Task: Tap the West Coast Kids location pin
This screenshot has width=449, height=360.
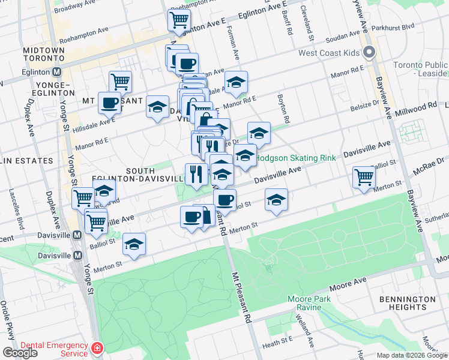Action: click(370, 53)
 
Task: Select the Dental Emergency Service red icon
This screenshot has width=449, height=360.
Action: click(97, 348)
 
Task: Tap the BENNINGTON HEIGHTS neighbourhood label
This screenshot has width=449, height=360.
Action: click(408, 303)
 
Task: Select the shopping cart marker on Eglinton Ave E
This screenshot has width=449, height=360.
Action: click(179, 20)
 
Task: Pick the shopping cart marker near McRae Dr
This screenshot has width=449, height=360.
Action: click(364, 177)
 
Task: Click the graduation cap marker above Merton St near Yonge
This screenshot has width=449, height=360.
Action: click(134, 244)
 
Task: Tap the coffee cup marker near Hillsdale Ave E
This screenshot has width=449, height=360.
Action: click(110, 103)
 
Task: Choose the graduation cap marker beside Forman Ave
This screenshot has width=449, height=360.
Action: click(236, 82)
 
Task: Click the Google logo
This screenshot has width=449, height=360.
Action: click(20, 353)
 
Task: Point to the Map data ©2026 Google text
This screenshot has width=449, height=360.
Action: click(412, 355)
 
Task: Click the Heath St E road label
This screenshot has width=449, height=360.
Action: click(277, 340)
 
